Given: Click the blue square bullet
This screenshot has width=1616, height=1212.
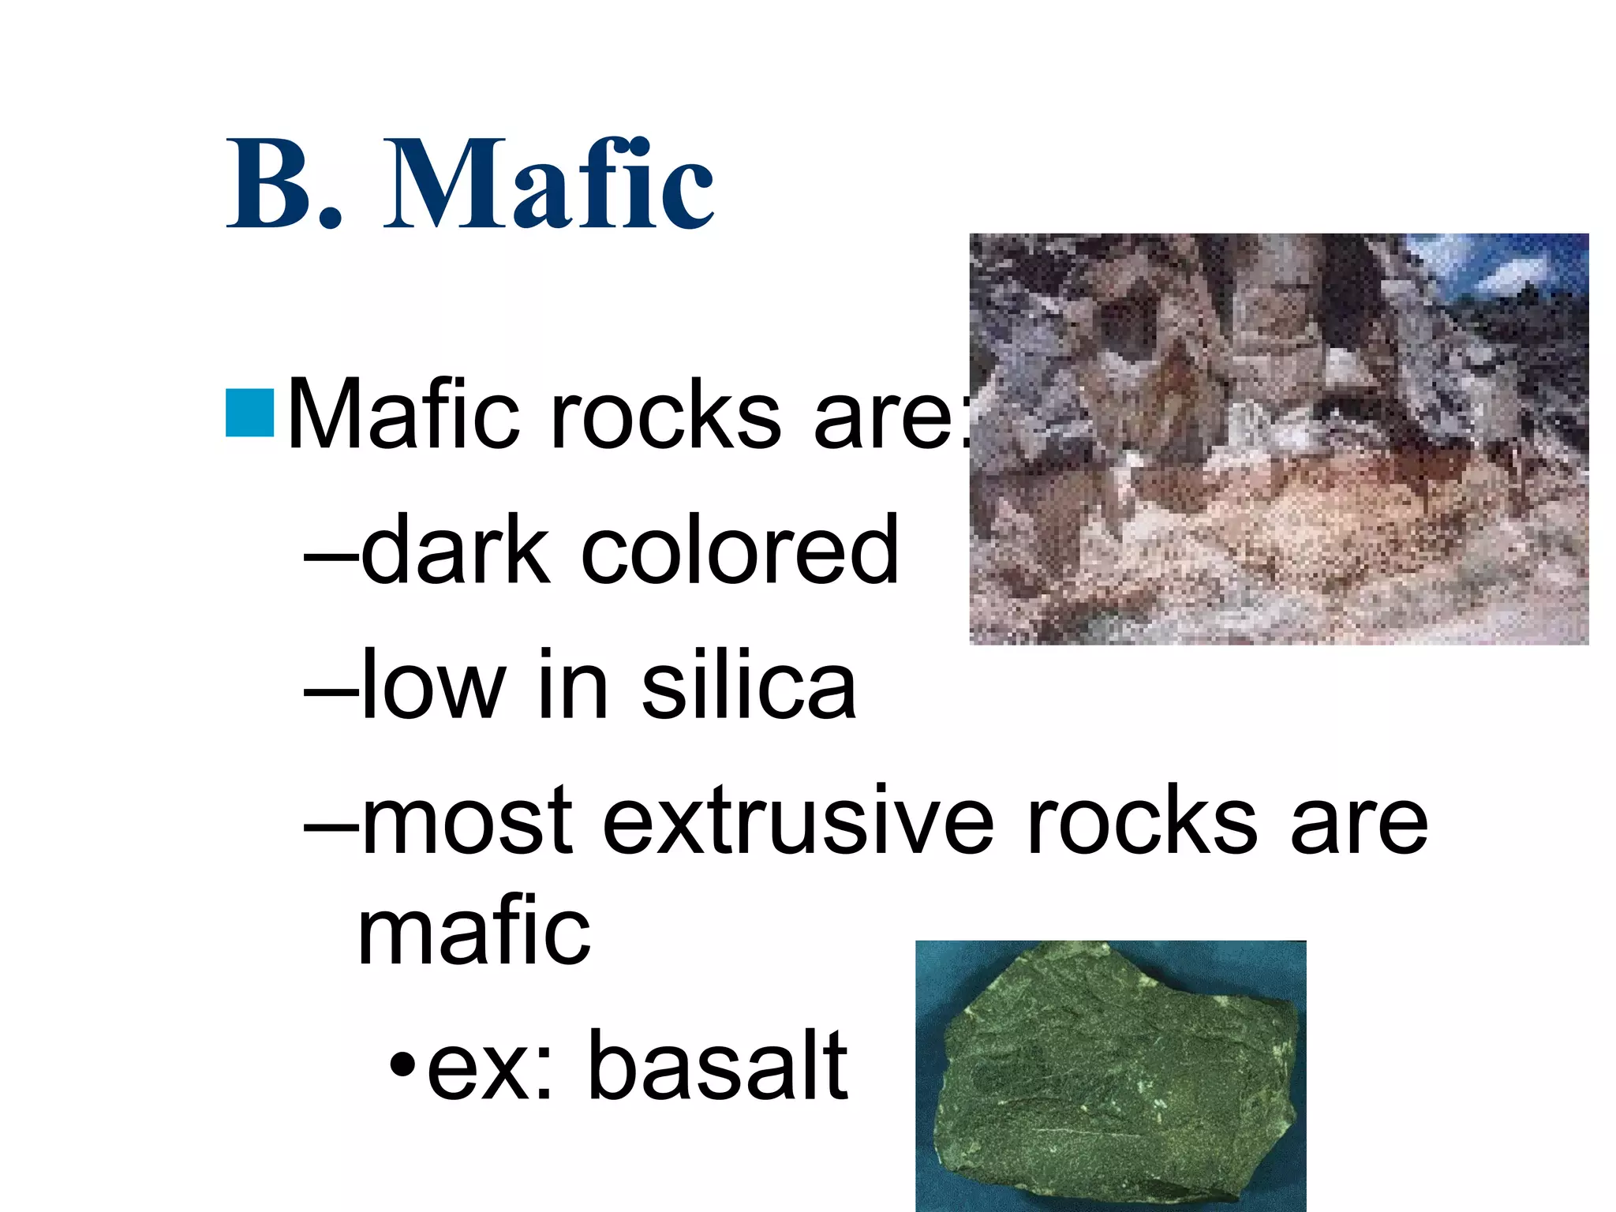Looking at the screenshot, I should (x=249, y=412).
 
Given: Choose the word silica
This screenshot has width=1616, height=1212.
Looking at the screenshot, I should (x=748, y=684).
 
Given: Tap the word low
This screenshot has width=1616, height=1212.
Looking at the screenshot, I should (x=432, y=684).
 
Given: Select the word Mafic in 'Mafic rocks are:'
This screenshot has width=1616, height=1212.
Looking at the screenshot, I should (x=403, y=416).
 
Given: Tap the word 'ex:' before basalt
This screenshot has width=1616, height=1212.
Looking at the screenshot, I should (x=490, y=1067).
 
